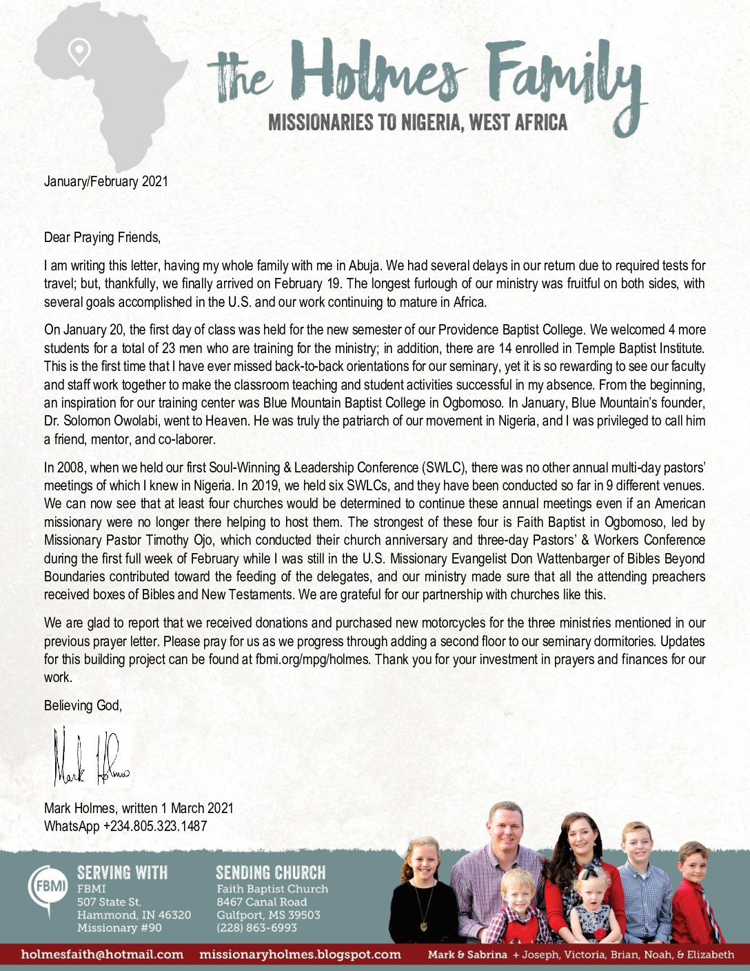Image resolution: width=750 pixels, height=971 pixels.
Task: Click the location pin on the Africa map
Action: tap(79, 52)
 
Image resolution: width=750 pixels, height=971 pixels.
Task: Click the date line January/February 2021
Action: tap(105, 181)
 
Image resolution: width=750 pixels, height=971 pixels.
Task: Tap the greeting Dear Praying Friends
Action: tap(102, 237)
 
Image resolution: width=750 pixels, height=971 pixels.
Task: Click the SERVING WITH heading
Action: tap(122, 872)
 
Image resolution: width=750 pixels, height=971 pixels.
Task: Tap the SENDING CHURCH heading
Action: tap(270, 872)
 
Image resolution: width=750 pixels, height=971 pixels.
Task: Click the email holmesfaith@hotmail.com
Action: tap(103, 954)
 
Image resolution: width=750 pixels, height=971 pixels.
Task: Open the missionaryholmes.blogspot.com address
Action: tap(300, 954)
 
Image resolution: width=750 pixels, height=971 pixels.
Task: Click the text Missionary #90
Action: tap(119, 928)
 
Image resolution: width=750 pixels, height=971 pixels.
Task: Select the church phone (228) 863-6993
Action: tap(256, 928)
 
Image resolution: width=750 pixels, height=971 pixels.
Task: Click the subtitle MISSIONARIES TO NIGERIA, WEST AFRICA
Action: tap(418, 123)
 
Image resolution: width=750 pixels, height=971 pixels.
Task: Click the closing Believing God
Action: tap(83, 705)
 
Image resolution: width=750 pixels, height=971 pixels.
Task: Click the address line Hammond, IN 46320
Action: tap(134, 915)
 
